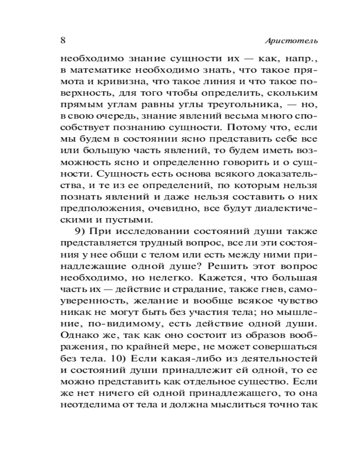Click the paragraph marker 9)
(x=81, y=232)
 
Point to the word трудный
(x=164, y=243)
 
